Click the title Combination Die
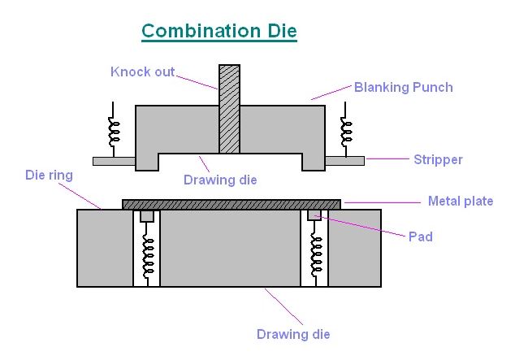click(219, 32)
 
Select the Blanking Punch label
click(403, 87)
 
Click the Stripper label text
click(438, 159)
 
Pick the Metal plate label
click(460, 201)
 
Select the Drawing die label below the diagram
click(293, 334)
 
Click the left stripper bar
click(114, 161)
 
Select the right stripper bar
click(344, 161)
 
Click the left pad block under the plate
click(147, 216)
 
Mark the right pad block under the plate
click(314, 215)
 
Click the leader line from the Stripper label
click(387, 159)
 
